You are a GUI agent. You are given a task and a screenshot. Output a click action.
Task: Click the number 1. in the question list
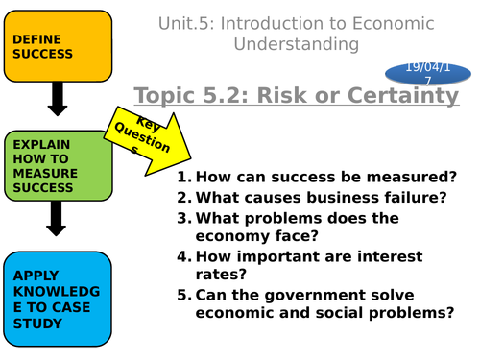[x=185, y=177]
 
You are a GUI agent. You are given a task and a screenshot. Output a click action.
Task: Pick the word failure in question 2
[x=413, y=198]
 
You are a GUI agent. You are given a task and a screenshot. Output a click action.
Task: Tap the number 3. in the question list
[x=185, y=218]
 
